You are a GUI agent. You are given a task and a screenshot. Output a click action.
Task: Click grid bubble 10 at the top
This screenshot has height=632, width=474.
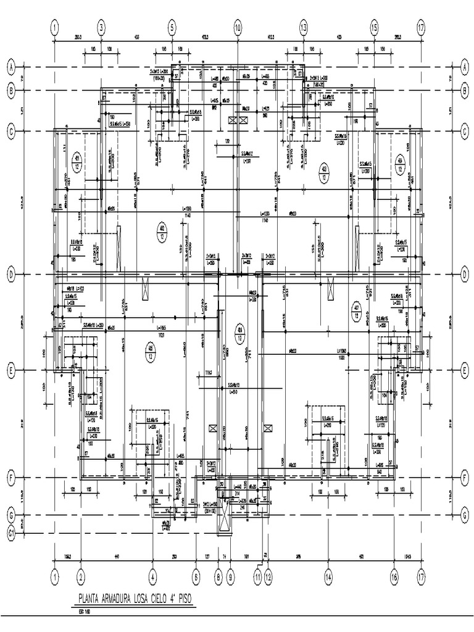(x=237, y=28)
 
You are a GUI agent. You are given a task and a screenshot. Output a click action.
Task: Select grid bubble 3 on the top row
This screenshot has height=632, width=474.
(x=101, y=28)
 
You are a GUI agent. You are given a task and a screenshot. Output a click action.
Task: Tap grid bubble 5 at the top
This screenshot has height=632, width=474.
(x=172, y=28)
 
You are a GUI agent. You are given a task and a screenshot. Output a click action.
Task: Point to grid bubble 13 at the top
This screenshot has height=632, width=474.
(x=303, y=28)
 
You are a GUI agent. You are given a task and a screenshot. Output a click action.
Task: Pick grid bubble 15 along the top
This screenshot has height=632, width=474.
(x=374, y=28)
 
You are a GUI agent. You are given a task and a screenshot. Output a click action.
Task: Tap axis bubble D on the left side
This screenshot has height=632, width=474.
(x=10, y=274)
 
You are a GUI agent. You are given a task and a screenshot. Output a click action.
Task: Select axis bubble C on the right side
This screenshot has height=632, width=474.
(x=464, y=131)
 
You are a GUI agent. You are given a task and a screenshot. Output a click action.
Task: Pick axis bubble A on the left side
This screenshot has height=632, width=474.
(x=10, y=67)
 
